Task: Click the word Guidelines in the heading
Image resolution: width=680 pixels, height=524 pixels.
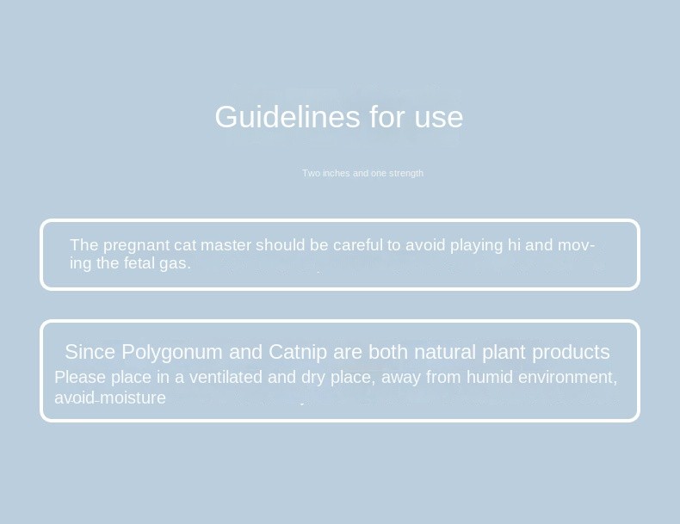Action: pyautogui.click(x=287, y=117)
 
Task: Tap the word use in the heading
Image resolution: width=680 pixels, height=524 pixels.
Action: pyautogui.click(x=439, y=118)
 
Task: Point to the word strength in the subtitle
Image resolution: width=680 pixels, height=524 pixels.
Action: pyautogui.click(x=406, y=173)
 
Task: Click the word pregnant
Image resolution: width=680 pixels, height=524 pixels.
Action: pyautogui.click(x=136, y=246)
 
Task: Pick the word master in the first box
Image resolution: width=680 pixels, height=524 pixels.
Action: pyautogui.click(x=226, y=245)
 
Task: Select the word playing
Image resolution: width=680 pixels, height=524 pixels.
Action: pyautogui.click(x=476, y=246)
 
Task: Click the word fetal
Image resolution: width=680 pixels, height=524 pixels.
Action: pyautogui.click(x=139, y=263)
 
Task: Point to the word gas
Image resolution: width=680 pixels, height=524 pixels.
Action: pyautogui.click(x=175, y=264)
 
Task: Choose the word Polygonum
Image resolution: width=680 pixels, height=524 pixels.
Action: pyautogui.click(x=172, y=353)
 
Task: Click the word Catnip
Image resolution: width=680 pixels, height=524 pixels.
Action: pyautogui.click(x=298, y=353)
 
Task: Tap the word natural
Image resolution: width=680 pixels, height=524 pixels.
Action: pyautogui.click(x=445, y=352)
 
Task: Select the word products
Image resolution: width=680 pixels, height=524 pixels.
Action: pyautogui.click(x=571, y=353)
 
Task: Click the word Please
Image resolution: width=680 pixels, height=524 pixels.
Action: pyautogui.click(x=80, y=377)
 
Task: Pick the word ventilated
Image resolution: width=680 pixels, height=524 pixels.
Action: pyautogui.click(x=226, y=377)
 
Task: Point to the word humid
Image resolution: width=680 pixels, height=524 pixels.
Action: pyautogui.click(x=490, y=377)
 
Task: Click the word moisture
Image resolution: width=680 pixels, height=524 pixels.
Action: pyautogui.click(x=133, y=398)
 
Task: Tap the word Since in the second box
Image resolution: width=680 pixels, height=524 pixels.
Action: pyautogui.click(x=90, y=352)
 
